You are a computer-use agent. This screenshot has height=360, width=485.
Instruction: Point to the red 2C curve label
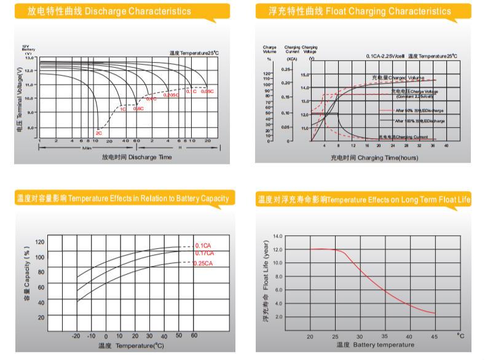point(98,133)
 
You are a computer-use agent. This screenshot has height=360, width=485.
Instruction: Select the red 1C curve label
point(122,109)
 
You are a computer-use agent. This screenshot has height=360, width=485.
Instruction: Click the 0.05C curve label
point(207,92)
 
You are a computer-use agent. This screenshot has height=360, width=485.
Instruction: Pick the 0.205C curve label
point(171,95)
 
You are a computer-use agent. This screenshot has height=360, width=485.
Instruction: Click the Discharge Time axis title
point(136,157)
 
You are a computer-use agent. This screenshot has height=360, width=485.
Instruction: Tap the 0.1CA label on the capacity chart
point(203,245)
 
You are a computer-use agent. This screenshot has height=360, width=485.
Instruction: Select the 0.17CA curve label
point(204,253)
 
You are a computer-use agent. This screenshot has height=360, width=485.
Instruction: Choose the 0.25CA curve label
point(203,264)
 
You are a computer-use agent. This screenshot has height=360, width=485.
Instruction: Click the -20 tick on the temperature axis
point(76,337)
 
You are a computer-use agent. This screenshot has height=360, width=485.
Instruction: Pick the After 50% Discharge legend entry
point(419,111)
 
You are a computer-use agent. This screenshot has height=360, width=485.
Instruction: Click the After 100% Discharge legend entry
point(420,121)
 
